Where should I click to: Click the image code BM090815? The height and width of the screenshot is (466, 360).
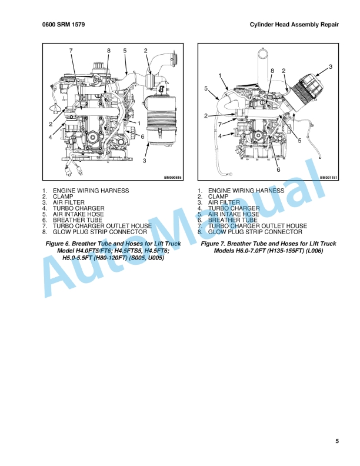point(173,177)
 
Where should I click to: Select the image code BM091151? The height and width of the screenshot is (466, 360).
point(330,177)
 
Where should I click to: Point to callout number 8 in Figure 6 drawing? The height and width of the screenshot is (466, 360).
point(109,51)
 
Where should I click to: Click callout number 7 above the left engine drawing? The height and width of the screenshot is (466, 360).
point(71,51)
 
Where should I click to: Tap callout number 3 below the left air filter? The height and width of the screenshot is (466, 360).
point(145,160)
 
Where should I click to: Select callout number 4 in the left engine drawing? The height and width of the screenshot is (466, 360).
point(51,137)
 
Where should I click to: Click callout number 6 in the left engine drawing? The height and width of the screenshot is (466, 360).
point(142,137)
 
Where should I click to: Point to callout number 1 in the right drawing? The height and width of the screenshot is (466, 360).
point(219,76)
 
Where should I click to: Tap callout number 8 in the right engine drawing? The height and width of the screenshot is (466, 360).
point(272,71)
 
